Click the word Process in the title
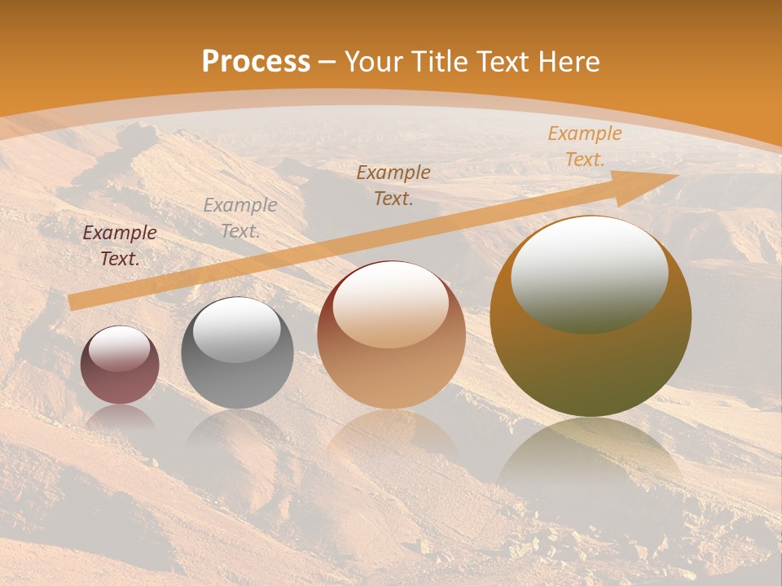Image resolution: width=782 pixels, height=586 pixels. click(256, 62)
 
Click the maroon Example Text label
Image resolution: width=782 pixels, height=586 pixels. click(120, 246)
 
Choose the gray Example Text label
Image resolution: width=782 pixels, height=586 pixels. click(240, 218)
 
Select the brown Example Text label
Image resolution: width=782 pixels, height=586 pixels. click(393, 186)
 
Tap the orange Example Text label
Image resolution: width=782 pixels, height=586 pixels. click(584, 146)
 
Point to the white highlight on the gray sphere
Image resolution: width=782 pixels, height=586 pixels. click(236, 330)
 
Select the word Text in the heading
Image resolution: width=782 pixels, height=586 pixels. click(505, 62)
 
